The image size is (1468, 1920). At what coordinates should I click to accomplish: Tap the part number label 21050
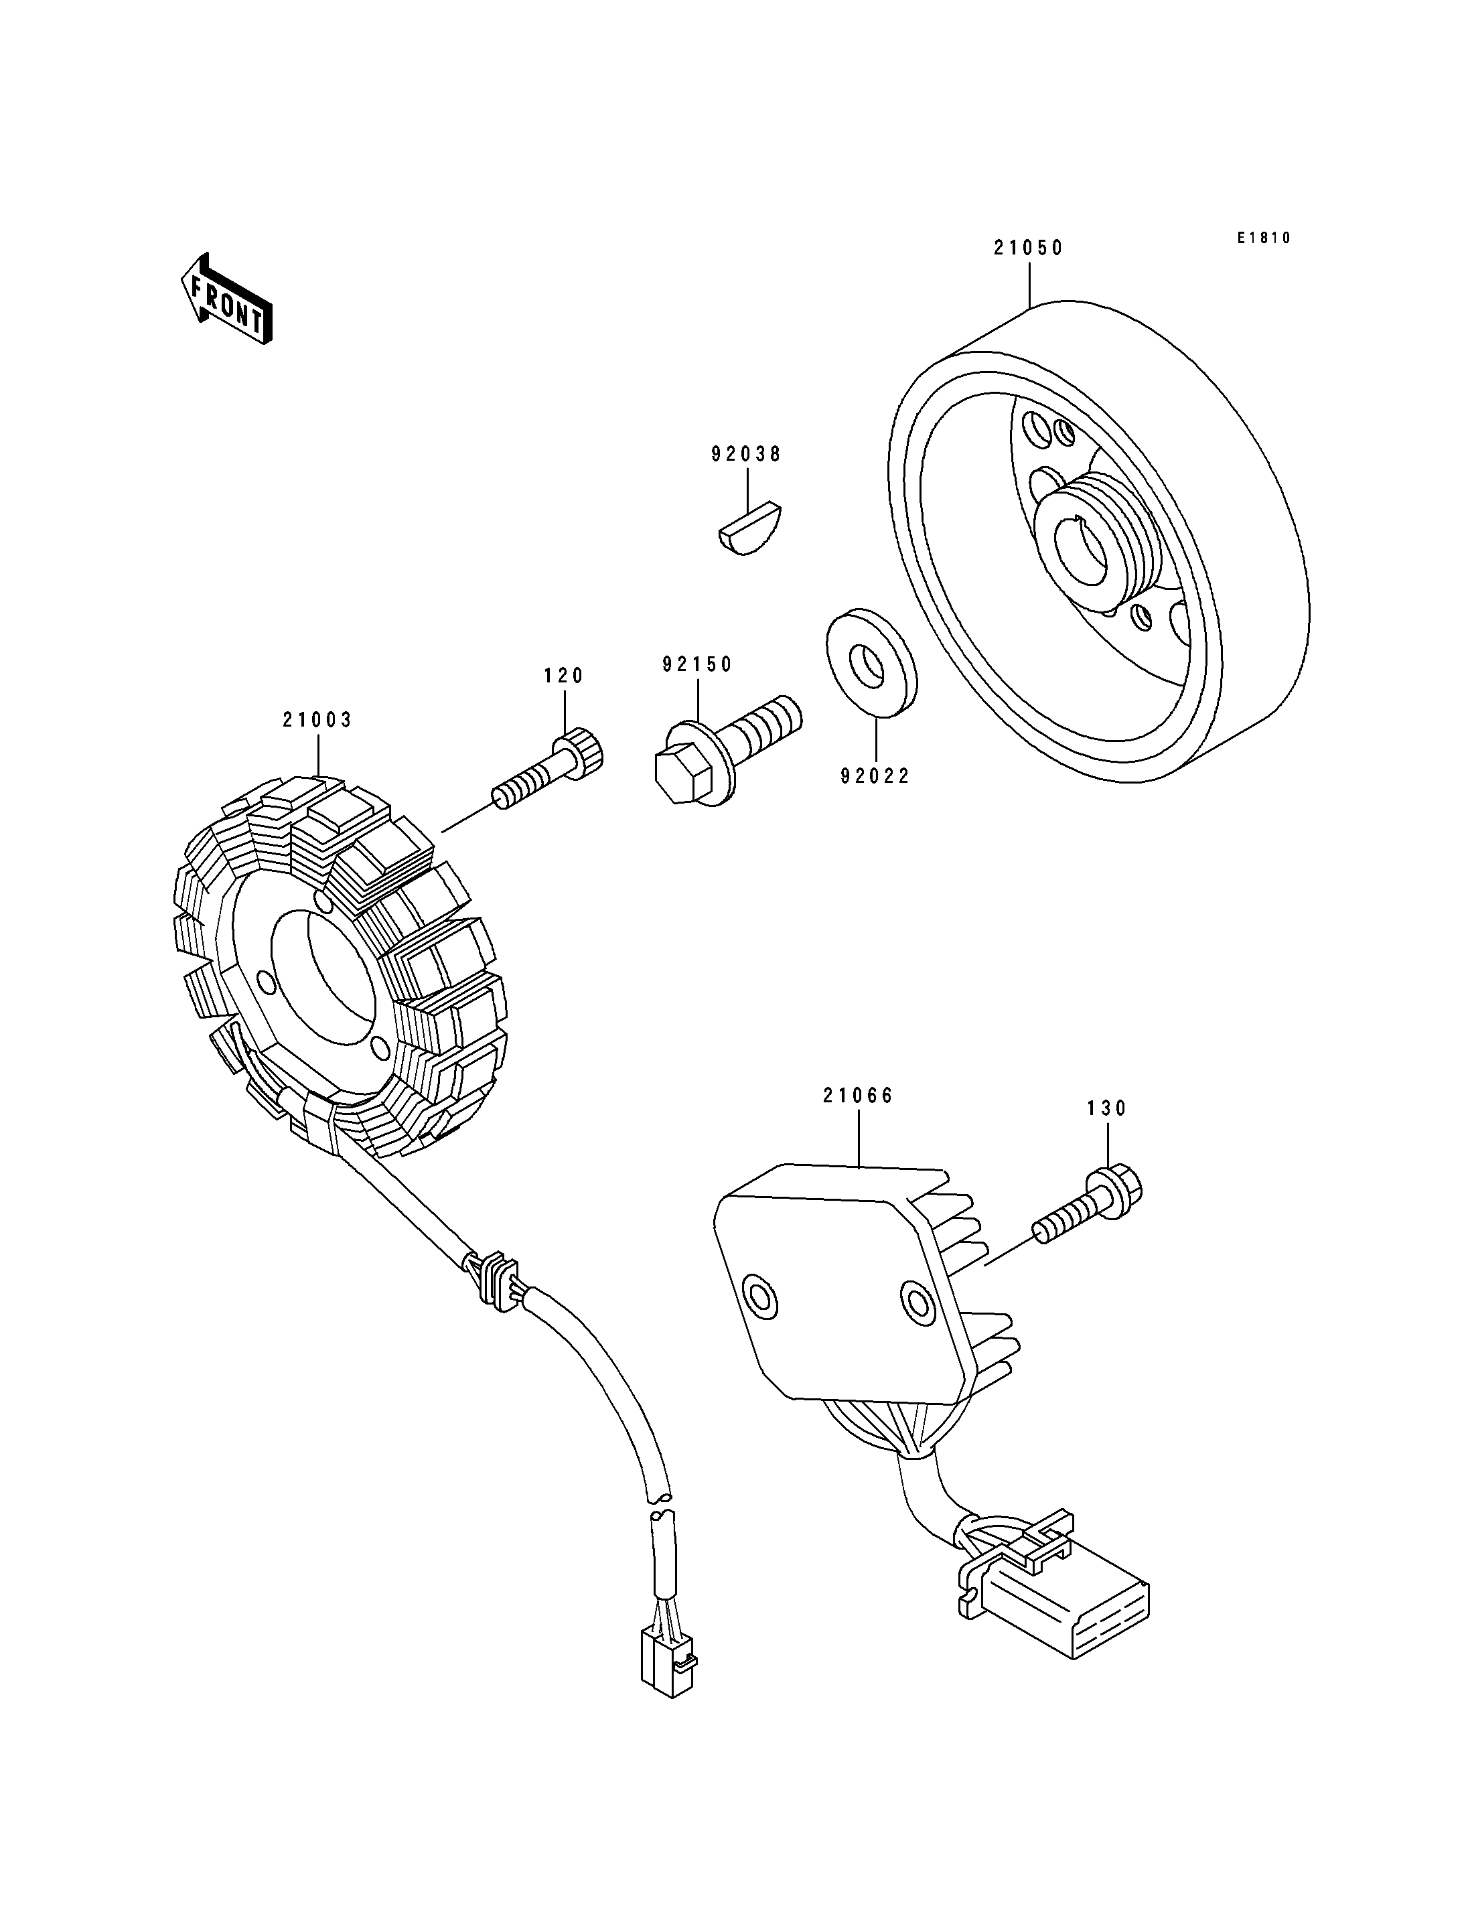tap(1029, 248)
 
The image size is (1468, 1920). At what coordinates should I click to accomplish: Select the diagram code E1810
tap(1264, 238)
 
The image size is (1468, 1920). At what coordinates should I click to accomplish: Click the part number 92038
tap(746, 455)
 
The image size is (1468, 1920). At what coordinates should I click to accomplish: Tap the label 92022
tap(875, 776)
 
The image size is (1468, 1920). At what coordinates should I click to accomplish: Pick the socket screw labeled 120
tap(548, 769)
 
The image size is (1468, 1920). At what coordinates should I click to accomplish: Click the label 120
tap(564, 676)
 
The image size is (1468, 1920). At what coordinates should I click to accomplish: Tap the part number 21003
tap(317, 720)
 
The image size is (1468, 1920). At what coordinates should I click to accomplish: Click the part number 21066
tap(858, 1096)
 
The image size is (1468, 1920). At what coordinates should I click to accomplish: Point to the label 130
tap(1107, 1109)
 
